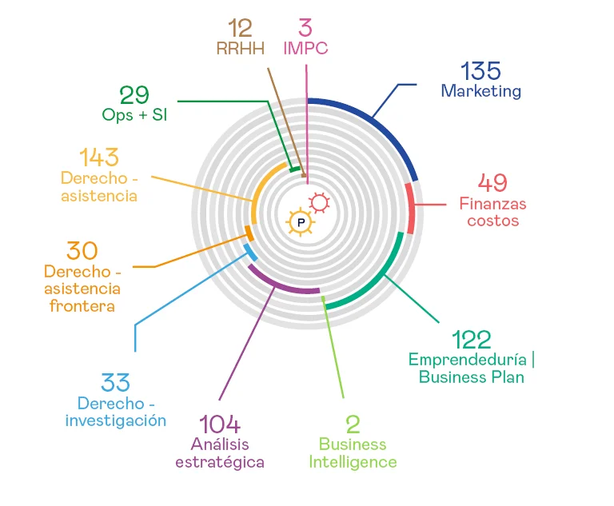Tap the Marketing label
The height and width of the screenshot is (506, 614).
coord(480,91)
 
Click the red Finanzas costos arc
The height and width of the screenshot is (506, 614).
coord(411,208)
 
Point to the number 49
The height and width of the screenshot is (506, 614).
coord(492,183)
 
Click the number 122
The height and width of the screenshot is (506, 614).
coord(470,339)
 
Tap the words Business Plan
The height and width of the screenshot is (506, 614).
coord(472,377)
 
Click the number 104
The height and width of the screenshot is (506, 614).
coord(219,424)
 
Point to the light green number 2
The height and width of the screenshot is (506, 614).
coord(353,424)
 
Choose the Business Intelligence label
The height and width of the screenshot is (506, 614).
coord(353,453)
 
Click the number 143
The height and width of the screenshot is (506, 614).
coord(98,157)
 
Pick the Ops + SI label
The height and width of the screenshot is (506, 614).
coord(134,114)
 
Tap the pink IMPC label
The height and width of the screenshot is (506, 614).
coord(305,48)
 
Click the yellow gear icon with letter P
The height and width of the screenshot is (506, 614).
coord(301,221)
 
